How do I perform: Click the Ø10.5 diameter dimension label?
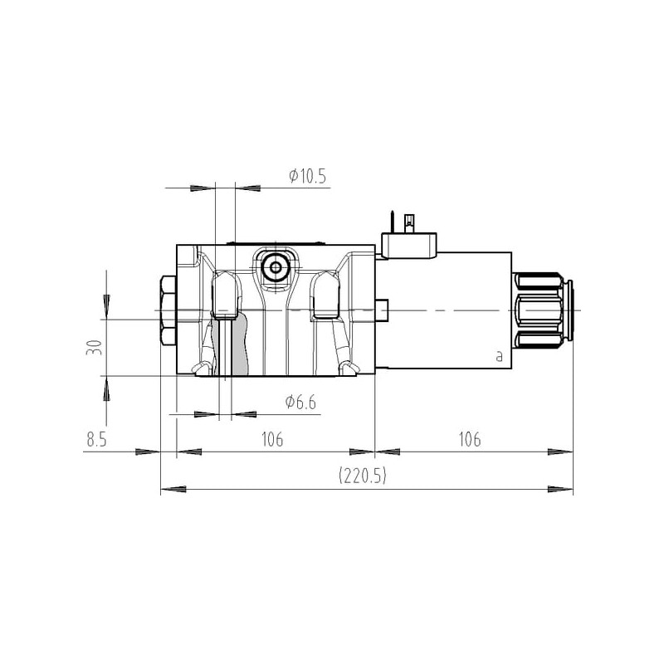308,176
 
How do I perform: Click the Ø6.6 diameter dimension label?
300,402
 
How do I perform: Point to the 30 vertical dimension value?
94,347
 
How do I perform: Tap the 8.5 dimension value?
97,440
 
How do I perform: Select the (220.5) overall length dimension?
363,476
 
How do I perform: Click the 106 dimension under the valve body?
272,440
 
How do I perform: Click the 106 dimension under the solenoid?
470,440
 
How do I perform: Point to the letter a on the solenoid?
500,357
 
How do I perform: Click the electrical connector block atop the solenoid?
409,246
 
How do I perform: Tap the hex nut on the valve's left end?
168,310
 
